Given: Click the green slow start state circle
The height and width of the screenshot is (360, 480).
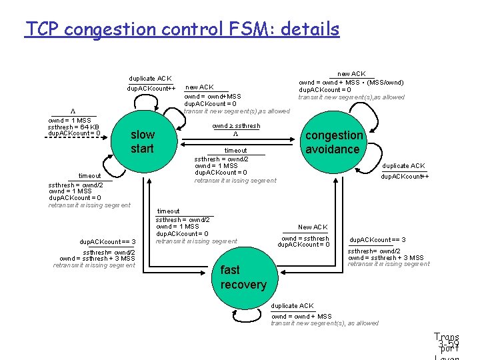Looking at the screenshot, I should [x=141, y=141].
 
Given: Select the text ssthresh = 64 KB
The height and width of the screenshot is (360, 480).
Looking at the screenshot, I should [x=73, y=127].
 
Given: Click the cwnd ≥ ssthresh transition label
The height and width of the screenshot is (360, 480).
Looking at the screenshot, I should [x=236, y=125].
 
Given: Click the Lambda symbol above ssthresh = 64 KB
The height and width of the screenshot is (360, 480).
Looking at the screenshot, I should [x=73, y=111].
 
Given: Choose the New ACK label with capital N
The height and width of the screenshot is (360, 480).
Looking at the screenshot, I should [x=313, y=227].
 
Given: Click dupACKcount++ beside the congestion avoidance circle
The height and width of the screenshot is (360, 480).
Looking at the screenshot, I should [x=405, y=177].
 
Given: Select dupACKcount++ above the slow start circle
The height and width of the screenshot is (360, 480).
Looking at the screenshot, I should [x=151, y=89].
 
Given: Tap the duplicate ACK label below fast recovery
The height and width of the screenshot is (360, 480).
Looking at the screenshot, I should [x=292, y=306].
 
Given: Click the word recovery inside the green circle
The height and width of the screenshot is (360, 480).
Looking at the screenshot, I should [x=243, y=285].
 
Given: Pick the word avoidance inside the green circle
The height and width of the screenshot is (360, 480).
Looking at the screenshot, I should [x=333, y=149].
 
